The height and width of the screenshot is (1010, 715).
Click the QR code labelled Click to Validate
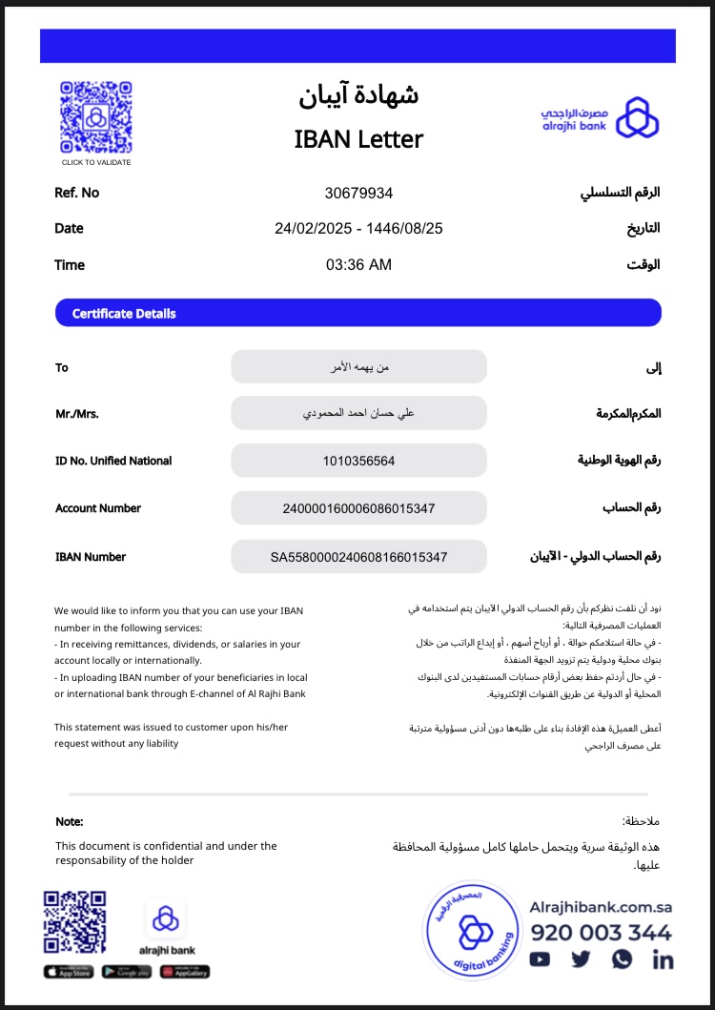tap(96, 117)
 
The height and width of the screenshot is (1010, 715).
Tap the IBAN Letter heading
tap(358, 139)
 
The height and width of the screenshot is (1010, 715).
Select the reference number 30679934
tap(358, 194)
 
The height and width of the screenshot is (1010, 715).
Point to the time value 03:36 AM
tap(358, 265)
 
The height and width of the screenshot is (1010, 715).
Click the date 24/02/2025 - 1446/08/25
tap(358, 229)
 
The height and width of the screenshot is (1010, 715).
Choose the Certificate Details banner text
tap(124, 314)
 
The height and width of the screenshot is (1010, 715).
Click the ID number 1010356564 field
tap(358, 462)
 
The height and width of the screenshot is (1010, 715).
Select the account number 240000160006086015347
tap(358, 508)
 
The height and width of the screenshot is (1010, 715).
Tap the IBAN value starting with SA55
tap(358, 557)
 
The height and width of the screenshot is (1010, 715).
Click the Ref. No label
tap(77, 193)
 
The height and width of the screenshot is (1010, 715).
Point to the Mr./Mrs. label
tap(77, 414)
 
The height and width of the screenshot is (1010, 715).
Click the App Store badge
tap(69, 972)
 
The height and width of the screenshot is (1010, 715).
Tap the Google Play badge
tap(126, 972)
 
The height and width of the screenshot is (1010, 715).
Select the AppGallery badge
tap(185, 972)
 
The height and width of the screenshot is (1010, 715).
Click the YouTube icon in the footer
tap(541, 959)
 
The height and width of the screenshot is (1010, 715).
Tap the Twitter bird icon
tap(582, 959)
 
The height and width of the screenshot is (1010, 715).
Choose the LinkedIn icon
tap(663, 959)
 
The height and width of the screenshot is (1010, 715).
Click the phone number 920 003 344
tap(601, 933)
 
